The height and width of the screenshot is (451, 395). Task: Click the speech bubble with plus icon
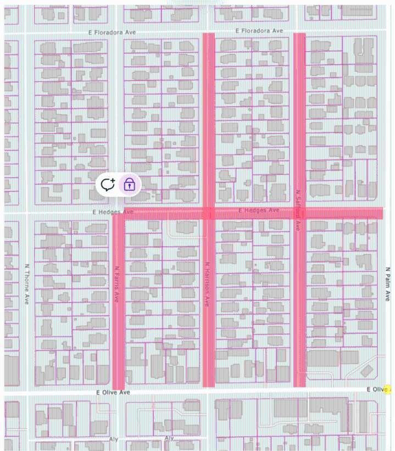(108, 185)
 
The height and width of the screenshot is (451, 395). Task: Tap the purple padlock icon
(129, 185)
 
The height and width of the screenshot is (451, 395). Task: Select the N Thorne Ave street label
(26, 283)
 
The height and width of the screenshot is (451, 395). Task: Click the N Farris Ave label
(116, 285)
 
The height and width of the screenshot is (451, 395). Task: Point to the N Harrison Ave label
(207, 283)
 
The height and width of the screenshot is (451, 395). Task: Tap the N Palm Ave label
(387, 283)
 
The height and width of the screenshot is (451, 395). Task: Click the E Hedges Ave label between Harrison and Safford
(259, 210)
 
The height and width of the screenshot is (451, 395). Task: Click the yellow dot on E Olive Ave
(388, 389)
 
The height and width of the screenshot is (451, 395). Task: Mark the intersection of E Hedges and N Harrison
(208, 213)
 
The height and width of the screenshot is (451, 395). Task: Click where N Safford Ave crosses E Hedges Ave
(299, 213)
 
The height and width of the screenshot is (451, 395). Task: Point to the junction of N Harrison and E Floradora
(208, 32)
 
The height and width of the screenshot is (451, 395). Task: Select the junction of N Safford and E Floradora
(299, 32)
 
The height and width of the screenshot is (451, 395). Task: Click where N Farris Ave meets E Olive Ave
(118, 392)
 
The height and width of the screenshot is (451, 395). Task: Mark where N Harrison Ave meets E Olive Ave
(208, 391)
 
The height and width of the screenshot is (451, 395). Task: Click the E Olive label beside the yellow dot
(376, 389)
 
